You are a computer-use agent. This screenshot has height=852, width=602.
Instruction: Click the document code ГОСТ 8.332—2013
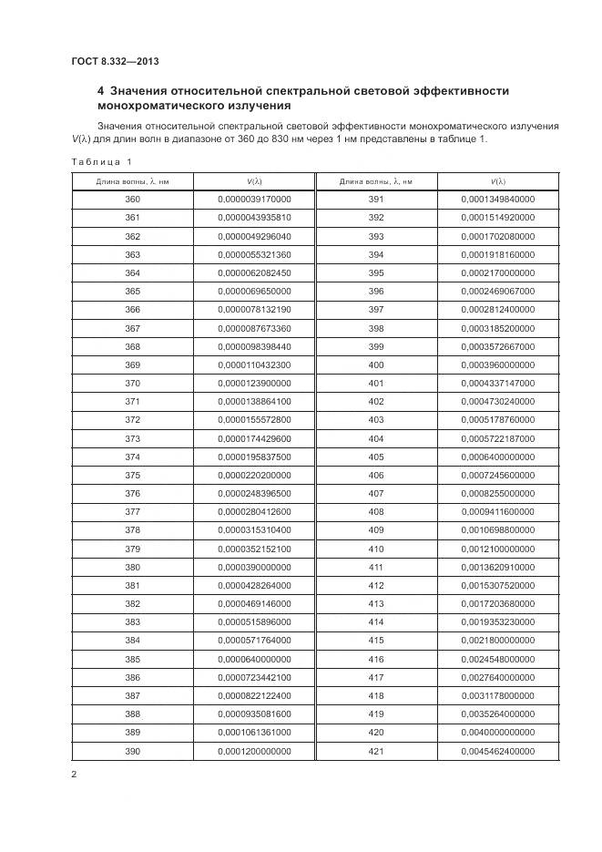(116, 61)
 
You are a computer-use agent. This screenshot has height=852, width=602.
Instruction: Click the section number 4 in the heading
(101, 91)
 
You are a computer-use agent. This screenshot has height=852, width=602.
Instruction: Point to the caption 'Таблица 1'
(101, 162)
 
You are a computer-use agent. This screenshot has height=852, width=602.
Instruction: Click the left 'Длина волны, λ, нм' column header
(133, 181)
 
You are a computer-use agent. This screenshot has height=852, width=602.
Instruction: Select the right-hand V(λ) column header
(497, 181)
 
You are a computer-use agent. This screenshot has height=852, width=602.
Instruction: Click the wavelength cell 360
(133, 200)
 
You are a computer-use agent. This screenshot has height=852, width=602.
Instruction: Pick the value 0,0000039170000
(254, 200)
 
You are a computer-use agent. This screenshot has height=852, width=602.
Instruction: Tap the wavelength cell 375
(133, 475)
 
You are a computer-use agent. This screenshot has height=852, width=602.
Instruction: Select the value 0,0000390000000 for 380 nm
(254, 567)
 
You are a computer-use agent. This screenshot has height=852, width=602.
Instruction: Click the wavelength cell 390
(133, 751)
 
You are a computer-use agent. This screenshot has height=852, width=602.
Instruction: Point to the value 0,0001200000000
(254, 751)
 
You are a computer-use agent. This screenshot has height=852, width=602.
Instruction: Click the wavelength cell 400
(375, 364)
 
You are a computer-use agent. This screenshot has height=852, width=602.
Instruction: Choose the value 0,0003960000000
(497, 364)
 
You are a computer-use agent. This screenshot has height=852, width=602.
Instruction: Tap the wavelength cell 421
(375, 751)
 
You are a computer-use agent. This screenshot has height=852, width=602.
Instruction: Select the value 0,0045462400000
(497, 751)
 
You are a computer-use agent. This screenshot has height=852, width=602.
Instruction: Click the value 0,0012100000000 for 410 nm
(497, 549)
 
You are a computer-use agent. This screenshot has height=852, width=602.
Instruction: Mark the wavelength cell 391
(375, 200)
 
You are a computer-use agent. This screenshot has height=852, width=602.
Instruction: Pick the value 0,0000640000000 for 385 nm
(254, 659)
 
